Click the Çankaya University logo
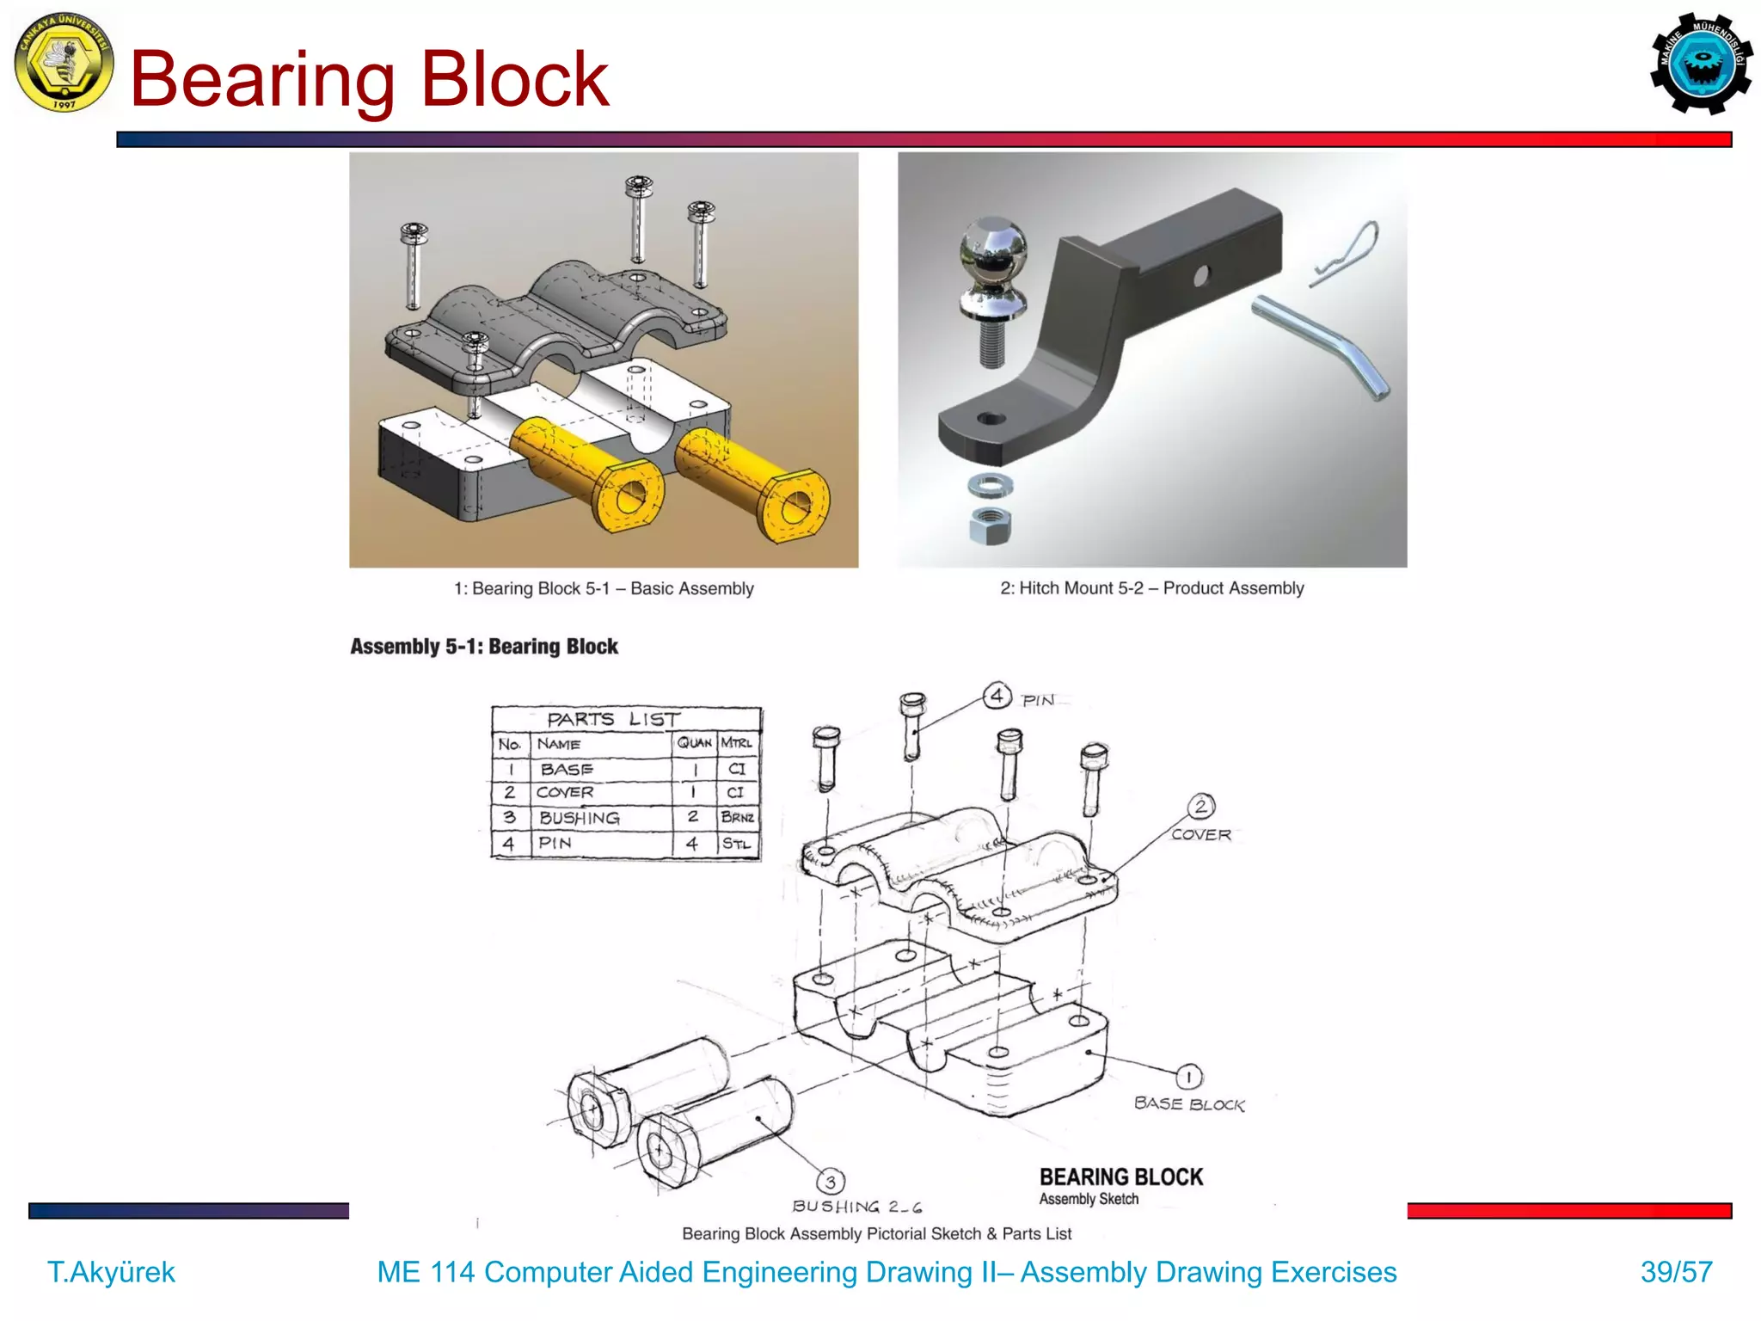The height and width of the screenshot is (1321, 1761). click(64, 62)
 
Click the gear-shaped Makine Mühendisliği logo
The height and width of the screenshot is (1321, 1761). click(1701, 64)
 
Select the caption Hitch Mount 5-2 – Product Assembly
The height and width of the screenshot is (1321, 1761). click(1151, 588)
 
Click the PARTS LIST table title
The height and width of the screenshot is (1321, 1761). click(612, 719)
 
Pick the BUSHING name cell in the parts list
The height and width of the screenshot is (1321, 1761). click(579, 817)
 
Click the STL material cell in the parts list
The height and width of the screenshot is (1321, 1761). click(737, 843)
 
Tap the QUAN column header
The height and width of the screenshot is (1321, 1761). click(694, 742)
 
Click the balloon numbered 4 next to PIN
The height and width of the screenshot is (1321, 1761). click(997, 695)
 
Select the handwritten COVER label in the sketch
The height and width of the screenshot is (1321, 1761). click(1200, 834)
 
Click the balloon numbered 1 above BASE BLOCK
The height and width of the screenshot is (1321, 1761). click(1188, 1076)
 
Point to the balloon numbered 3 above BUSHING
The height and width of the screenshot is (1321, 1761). click(830, 1181)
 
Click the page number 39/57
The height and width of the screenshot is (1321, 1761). click(1676, 1271)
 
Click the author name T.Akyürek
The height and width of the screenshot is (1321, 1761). click(111, 1271)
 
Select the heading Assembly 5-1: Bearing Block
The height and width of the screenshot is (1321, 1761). click(483, 646)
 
